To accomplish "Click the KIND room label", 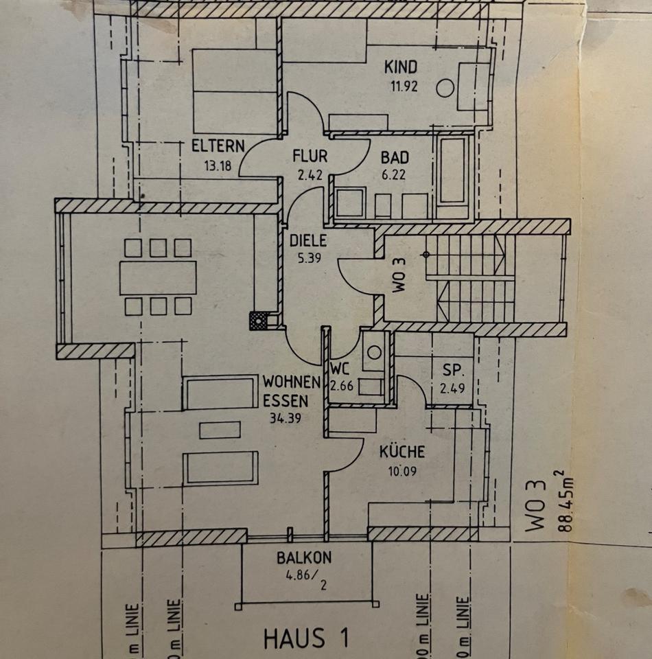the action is point(401,67).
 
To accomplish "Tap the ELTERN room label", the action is point(218,146).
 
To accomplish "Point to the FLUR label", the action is point(309,156).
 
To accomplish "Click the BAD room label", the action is point(395,157).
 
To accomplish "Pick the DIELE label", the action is point(308,242).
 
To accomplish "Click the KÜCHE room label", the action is point(401,452).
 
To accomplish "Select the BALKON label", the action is point(304,557).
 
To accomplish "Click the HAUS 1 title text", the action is point(305,638).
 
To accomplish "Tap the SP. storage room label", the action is point(452,371).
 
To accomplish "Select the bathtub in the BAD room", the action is point(452,172).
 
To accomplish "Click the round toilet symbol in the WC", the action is point(374,352).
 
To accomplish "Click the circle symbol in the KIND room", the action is point(445,88).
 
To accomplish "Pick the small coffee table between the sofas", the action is point(220,430).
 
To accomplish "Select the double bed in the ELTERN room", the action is point(235,91).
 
